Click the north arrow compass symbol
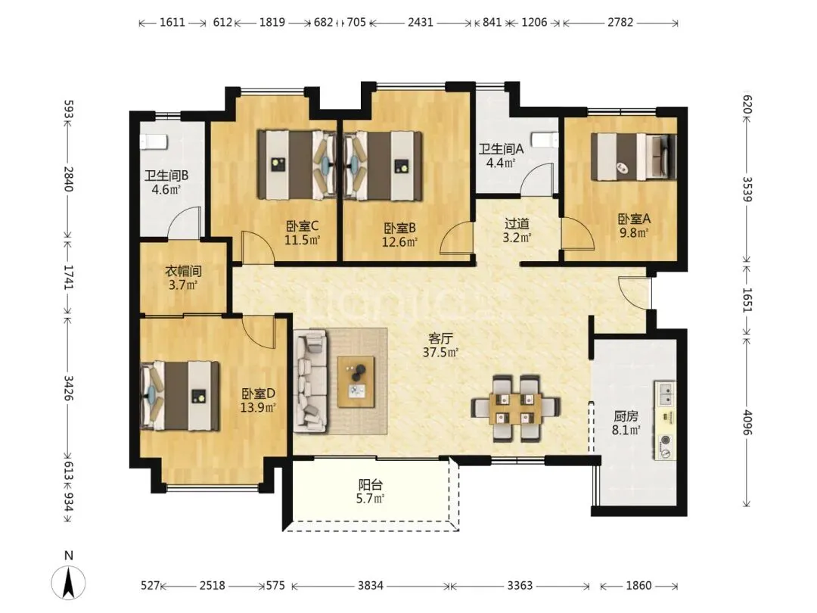coord(68,581)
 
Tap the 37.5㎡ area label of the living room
coord(440,353)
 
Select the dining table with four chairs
coord(516,408)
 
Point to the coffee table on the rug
coord(356,382)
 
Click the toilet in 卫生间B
coord(153,142)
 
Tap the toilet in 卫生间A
coord(545,140)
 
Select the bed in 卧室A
coord(633,157)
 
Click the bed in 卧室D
coord(180,396)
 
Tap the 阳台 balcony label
coord(371,485)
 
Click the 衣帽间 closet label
coord(183,271)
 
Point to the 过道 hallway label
coord(517,224)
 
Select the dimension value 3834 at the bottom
coord(371,585)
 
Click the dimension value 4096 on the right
coord(747,423)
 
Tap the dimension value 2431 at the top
coord(420,22)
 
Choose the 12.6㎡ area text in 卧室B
coord(399,242)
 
